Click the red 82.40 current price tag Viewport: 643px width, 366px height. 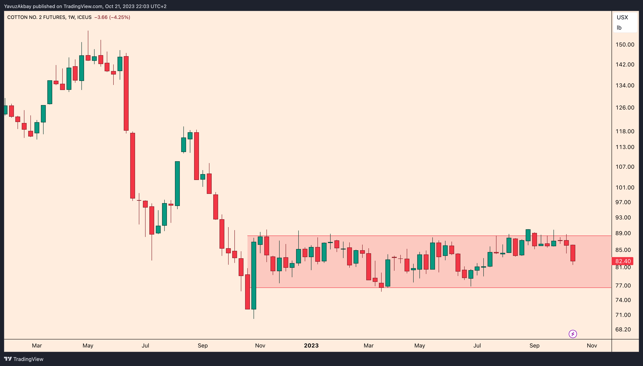coord(622,261)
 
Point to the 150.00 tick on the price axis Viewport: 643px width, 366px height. coord(625,44)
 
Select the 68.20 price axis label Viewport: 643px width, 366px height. coord(623,329)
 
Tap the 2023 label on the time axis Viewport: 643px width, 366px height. coord(311,345)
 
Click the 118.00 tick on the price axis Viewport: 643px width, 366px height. coord(625,131)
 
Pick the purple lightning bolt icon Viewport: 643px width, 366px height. coord(573,334)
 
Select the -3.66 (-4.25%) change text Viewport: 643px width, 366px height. coord(112,17)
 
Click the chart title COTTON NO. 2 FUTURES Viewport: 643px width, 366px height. coord(36,17)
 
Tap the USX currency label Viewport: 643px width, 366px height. coord(622,17)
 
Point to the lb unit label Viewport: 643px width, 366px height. coord(619,28)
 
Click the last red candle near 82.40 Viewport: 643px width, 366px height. coord(573,253)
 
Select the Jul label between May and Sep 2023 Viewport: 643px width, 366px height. coord(477,345)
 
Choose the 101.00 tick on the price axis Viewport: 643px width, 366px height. coord(625,187)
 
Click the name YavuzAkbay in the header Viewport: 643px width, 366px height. coord(18,6)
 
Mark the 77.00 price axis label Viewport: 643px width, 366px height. coord(623,285)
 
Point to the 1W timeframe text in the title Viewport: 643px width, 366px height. coord(71,17)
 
